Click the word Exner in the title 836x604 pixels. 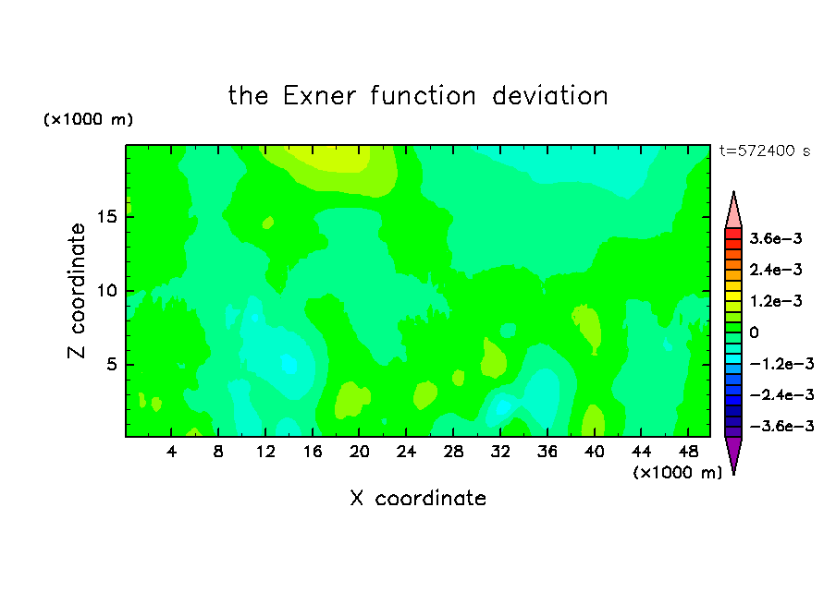(x=319, y=96)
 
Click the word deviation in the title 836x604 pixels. (x=549, y=96)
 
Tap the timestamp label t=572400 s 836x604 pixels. (x=765, y=151)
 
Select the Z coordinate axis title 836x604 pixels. (x=77, y=291)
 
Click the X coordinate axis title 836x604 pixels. (x=418, y=498)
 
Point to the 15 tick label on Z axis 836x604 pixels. (x=106, y=217)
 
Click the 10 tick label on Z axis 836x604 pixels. (x=106, y=291)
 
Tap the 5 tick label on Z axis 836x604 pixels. (x=111, y=364)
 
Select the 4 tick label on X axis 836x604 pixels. (x=171, y=452)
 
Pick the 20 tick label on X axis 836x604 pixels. (x=360, y=452)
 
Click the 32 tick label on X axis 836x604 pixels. (x=500, y=452)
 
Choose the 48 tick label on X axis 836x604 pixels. (x=688, y=452)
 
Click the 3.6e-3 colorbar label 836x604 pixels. (x=776, y=238)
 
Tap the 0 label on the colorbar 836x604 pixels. (x=754, y=332)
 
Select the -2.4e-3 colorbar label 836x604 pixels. (x=781, y=394)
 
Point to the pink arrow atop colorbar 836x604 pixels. (x=733, y=211)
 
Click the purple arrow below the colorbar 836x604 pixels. (x=733, y=453)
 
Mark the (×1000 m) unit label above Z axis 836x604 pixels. (x=88, y=119)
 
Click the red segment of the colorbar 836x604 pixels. (x=733, y=234)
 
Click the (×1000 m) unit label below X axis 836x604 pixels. (x=678, y=473)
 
